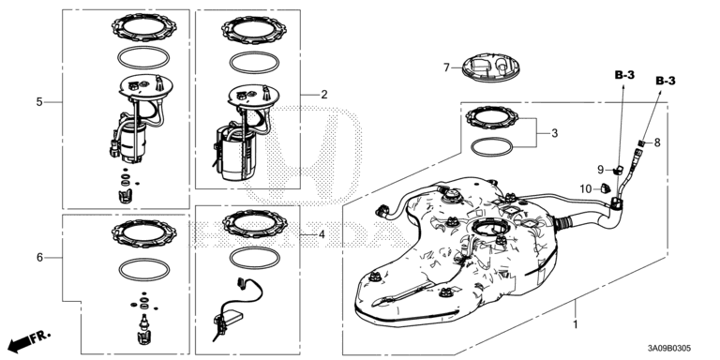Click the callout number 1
point(575,325)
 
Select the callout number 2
point(324,95)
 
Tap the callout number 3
point(555,133)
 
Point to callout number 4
point(322,234)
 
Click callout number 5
point(39,101)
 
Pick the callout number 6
point(39,258)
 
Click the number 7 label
point(446,67)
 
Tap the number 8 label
point(657,142)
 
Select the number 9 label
point(600,170)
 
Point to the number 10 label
point(586,188)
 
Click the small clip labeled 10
point(605,187)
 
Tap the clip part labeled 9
point(617,170)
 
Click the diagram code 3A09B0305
point(669,349)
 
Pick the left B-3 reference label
point(624,75)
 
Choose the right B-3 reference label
point(666,81)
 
